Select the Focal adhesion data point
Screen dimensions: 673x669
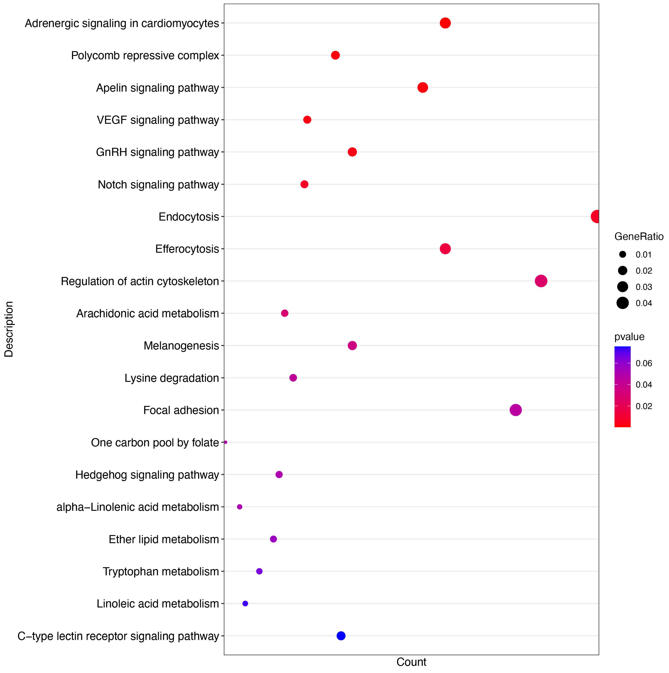click(515, 410)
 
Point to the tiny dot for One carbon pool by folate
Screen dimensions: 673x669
click(226, 442)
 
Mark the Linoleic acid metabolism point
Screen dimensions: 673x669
click(245, 603)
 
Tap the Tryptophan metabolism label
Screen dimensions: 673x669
click(161, 571)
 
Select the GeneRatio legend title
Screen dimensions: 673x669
click(639, 237)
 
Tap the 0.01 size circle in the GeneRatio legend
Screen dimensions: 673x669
click(622, 254)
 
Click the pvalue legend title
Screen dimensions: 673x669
click(629, 337)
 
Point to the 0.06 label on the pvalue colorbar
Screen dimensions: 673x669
click(644, 363)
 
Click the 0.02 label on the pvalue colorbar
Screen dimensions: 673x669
click(644, 406)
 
